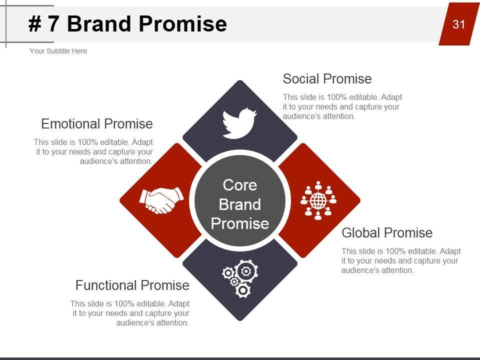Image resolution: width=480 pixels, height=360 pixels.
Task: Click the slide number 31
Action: click(458, 24)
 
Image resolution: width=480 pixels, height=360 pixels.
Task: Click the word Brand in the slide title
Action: click(99, 23)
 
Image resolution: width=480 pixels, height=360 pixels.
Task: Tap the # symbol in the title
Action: click(35, 24)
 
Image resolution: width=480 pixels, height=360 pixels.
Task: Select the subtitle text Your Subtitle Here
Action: click(58, 51)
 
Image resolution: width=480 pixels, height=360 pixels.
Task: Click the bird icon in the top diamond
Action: click(239, 123)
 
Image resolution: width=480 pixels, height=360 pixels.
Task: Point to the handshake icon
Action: click(161, 200)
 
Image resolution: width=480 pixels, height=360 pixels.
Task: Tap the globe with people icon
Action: click(318, 200)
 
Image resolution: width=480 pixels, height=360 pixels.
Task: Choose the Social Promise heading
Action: click(327, 79)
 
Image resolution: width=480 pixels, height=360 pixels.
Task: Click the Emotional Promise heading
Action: click(96, 124)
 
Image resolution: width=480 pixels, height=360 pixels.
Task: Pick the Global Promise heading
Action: click(387, 233)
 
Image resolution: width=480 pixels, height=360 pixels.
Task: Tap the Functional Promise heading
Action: click(132, 285)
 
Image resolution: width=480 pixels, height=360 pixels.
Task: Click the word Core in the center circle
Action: click(239, 185)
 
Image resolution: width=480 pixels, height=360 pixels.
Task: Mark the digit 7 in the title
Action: click(53, 24)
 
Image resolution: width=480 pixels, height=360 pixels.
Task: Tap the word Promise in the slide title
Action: click(183, 23)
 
